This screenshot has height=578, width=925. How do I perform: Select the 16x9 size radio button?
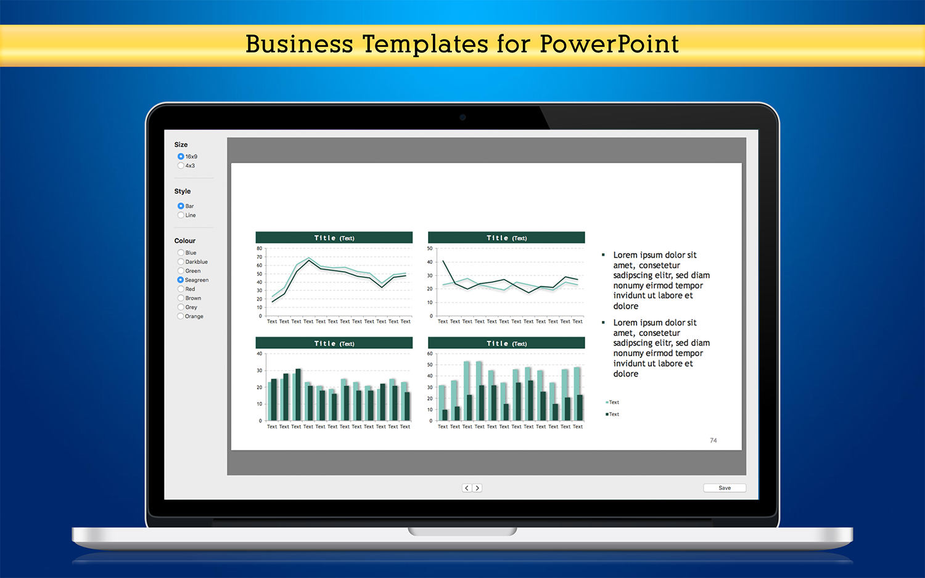tap(181, 157)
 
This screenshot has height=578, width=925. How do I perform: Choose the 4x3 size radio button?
tap(181, 165)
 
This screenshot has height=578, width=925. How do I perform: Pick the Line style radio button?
tap(181, 215)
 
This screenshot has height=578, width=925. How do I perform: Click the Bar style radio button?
tap(181, 206)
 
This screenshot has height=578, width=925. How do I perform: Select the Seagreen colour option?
tap(181, 280)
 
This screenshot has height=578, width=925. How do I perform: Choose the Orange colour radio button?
tap(181, 316)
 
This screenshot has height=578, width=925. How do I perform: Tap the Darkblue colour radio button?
tap(181, 261)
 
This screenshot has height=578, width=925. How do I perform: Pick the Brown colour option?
tap(181, 298)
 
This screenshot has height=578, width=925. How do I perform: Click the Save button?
tap(725, 487)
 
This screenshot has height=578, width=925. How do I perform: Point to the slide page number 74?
tap(713, 440)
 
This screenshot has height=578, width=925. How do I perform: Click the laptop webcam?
tap(462, 117)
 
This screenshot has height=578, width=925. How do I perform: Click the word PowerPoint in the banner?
tap(609, 44)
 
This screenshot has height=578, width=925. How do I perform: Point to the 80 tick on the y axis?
tap(260, 248)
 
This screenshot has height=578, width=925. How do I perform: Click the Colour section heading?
tap(184, 240)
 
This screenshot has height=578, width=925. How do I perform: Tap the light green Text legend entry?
tap(612, 402)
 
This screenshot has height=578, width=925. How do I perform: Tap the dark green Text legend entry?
tap(612, 414)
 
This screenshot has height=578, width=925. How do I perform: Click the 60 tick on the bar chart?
tap(430, 354)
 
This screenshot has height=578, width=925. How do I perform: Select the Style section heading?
tap(182, 191)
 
